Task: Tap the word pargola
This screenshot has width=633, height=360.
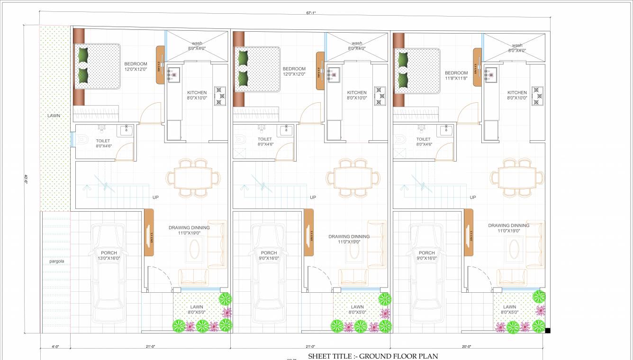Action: (56, 261)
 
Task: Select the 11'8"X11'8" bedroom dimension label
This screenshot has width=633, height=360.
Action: (456, 78)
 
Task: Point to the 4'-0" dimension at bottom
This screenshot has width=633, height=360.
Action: (54, 347)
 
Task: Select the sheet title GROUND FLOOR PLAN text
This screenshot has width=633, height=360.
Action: (373, 356)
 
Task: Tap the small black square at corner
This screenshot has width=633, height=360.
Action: (548, 331)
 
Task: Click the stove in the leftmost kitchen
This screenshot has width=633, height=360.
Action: (220, 96)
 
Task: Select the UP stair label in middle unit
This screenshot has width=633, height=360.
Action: (313, 197)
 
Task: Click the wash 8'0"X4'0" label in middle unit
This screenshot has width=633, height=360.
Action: (356, 45)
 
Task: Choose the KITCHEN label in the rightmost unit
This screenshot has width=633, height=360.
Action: (517, 93)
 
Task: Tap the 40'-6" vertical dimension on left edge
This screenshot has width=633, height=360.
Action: (26, 179)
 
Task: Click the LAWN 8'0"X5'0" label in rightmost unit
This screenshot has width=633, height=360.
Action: (510, 310)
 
